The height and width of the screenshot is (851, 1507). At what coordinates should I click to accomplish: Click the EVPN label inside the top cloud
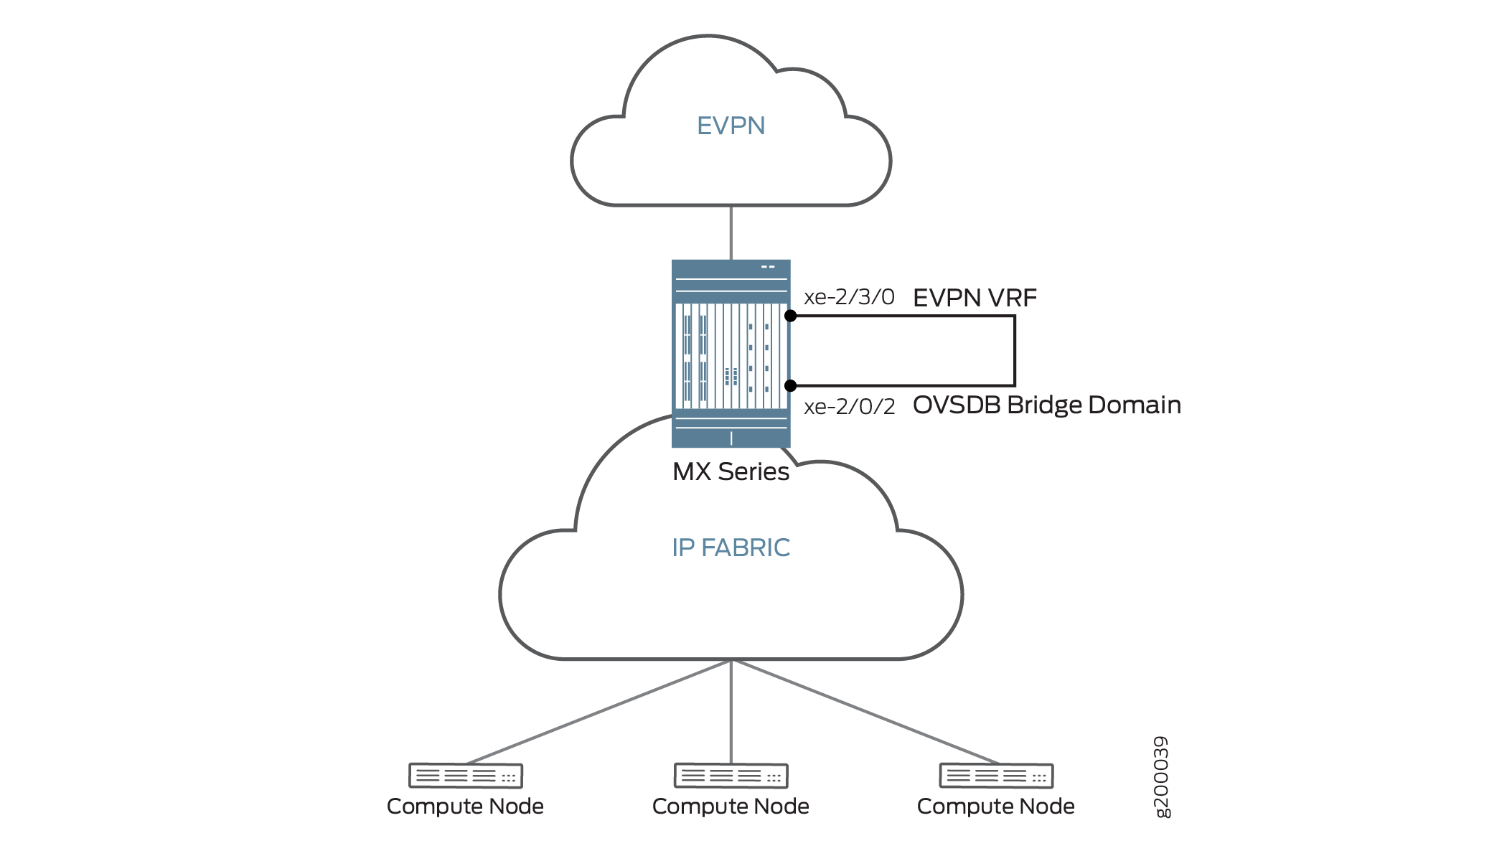click(x=731, y=126)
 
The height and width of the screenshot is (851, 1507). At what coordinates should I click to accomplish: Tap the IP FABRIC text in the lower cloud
click(x=731, y=548)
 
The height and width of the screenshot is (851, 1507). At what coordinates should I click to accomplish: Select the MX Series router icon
click(x=731, y=353)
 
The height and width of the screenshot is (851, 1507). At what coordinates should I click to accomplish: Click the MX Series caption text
click(x=731, y=472)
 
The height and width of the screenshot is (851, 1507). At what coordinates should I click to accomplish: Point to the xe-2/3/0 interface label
click(x=849, y=297)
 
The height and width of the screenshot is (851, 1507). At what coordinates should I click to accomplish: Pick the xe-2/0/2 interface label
click(x=849, y=407)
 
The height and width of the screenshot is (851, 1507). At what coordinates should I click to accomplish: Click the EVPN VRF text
click(x=975, y=298)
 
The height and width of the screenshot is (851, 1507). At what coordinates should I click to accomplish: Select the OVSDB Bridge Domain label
click(x=1046, y=405)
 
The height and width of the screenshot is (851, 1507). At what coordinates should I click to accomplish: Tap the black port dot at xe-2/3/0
click(x=790, y=316)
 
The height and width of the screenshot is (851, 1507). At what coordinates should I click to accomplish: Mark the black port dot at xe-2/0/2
click(x=790, y=386)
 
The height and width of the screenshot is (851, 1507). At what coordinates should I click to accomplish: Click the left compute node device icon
click(x=466, y=776)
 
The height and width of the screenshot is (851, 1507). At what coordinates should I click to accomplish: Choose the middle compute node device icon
click(x=731, y=776)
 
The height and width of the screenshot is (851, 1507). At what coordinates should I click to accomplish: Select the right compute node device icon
click(x=996, y=776)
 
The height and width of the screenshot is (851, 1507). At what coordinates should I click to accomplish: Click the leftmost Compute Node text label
click(x=465, y=807)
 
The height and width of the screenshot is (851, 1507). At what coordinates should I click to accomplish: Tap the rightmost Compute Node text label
click(x=996, y=807)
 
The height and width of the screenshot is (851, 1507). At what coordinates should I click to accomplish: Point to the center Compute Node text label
click(x=731, y=807)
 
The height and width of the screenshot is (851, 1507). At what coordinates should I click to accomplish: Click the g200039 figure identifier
click(x=1161, y=776)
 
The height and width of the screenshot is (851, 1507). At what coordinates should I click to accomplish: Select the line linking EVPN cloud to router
click(x=731, y=232)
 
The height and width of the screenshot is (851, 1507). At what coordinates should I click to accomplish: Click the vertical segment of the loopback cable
click(x=1014, y=351)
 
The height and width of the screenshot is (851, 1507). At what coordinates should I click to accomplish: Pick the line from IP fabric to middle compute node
click(x=731, y=710)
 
